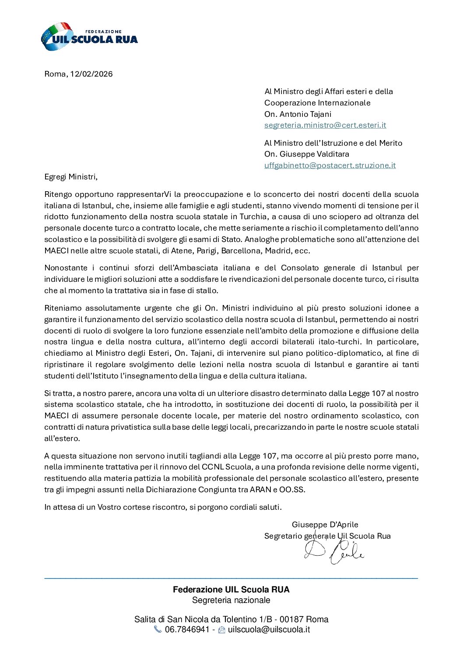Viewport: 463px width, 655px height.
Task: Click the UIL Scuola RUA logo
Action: (x=89, y=37)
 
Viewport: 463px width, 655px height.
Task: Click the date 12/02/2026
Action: (x=91, y=74)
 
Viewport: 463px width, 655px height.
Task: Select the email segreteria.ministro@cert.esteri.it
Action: (x=325, y=125)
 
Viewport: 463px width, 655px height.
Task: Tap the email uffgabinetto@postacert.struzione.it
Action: (x=330, y=165)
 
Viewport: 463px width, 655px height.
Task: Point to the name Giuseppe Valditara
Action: (x=314, y=154)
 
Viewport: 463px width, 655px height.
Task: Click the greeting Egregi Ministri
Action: (x=71, y=177)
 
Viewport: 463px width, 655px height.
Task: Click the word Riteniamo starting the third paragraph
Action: (x=62, y=308)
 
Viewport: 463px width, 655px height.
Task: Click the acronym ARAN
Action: (x=260, y=490)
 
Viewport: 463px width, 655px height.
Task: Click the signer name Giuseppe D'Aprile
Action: (x=325, y=525)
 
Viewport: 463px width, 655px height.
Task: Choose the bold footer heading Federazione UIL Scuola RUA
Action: (x=231, y=589)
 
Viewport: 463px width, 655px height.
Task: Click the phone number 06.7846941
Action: (x=187, y=630)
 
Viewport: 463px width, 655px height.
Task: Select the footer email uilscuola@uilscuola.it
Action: (x=269, y=630)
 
